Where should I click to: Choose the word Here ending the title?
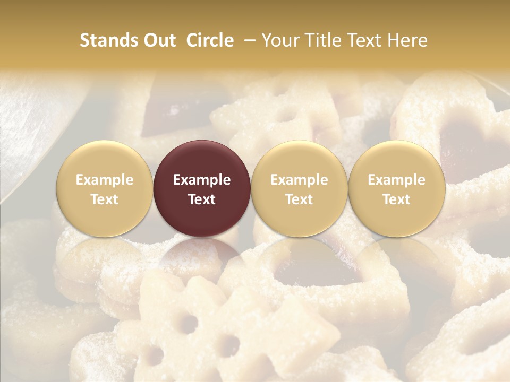coord(408,40)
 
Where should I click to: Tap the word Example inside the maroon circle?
coord(202,180)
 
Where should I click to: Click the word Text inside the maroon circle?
coord(202,199)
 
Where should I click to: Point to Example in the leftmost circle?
coord(104,180)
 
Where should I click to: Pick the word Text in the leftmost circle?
coord(104,199)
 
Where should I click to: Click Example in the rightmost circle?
coord(396,180)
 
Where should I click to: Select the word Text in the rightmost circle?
coord(396,199)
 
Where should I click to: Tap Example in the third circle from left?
coord(299,180)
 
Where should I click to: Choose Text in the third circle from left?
coord(299,199)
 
